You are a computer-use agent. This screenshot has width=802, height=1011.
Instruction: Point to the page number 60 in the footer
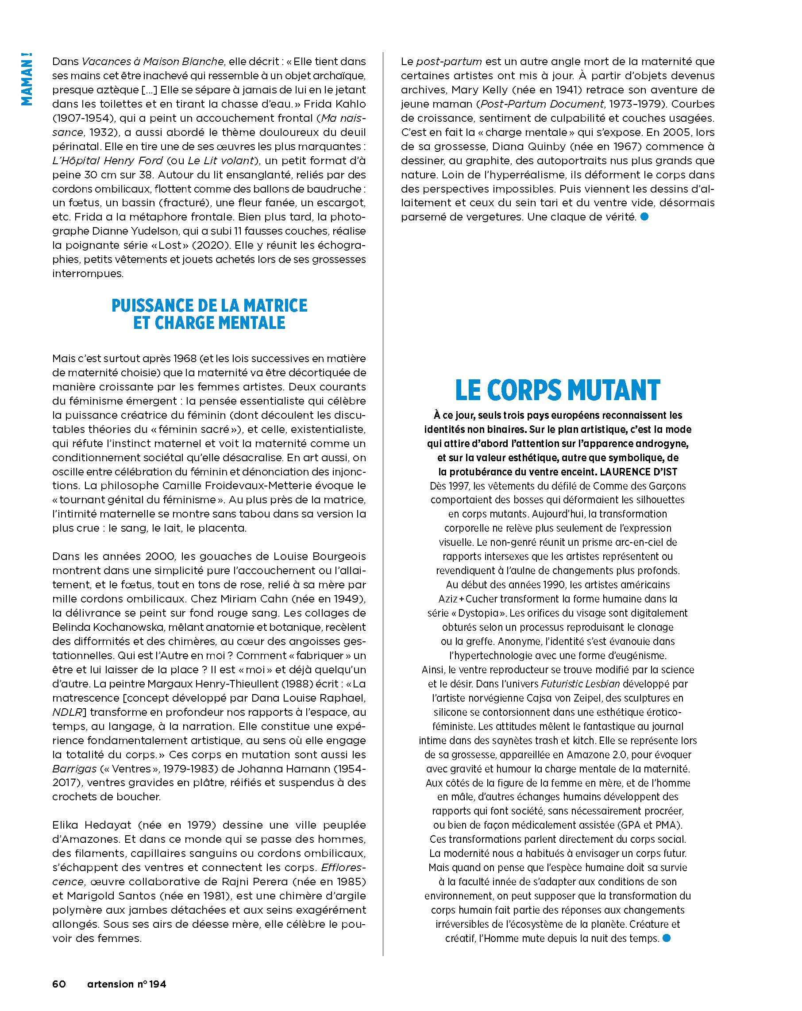point(59,983)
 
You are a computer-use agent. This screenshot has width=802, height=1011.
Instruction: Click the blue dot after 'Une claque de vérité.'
point(644,216)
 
